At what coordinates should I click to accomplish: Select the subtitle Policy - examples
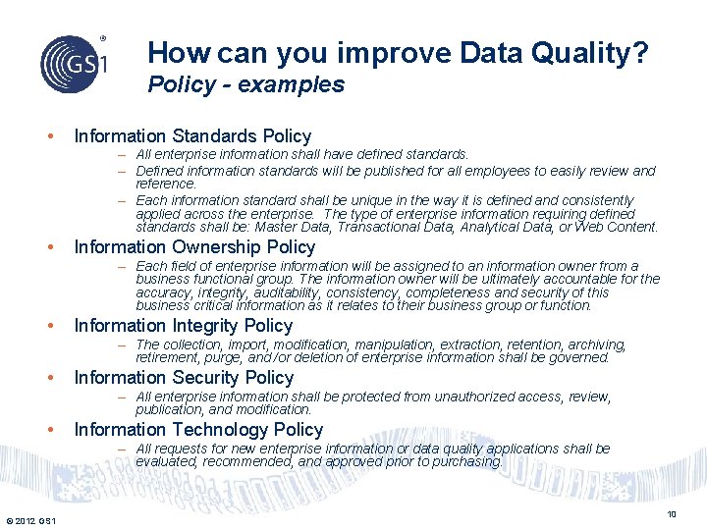pos(245,84)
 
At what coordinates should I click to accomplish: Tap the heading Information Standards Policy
pos(192,136)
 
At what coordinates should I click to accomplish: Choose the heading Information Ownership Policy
pos(194,247)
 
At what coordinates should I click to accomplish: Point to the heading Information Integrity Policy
pos(184,326)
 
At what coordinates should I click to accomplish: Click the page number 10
pos(672,515)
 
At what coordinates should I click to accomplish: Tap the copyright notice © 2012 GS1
pos(30,519)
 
